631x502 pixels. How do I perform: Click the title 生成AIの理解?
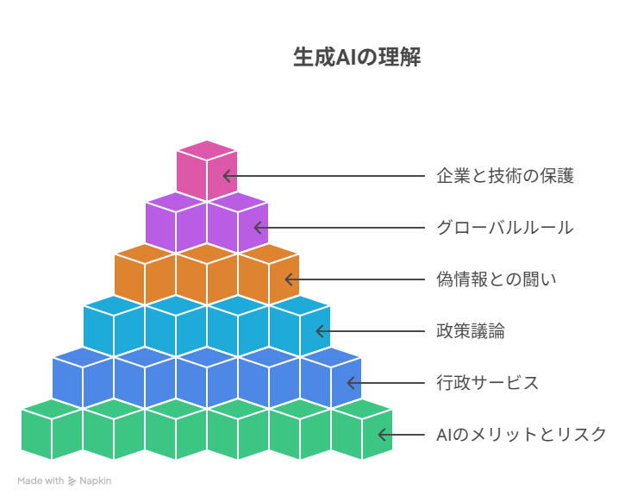tap(357, 57)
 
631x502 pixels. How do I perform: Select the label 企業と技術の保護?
tap(505, 176)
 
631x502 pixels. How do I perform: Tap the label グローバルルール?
tap(505, 228)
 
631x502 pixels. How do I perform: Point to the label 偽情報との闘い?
tap(497, 279)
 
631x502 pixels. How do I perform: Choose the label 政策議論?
tap(471, 331)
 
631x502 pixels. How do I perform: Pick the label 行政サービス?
tap(488, 383)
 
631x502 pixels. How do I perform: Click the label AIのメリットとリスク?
tap(522, 435)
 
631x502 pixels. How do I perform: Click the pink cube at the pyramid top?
tap(207, 170)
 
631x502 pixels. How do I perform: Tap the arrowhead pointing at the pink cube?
tap(227, 176)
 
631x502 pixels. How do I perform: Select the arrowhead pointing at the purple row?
tap(258, 228)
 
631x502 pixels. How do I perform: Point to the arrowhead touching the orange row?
tap(289, 279)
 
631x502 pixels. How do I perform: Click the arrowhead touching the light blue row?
tap(320, 331)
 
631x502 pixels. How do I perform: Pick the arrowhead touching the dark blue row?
tap(351, 383)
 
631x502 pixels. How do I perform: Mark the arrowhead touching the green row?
tap(382, 435)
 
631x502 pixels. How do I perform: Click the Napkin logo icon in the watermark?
tap(72, 481)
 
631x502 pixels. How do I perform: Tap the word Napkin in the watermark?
tap(96, 481)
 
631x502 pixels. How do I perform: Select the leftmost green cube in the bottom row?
tap(52, 430)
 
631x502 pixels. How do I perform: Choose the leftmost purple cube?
tap(176, 223)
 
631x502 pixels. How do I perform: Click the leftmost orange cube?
tap(145, 274)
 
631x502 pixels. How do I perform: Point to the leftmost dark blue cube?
tap(83, 378)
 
